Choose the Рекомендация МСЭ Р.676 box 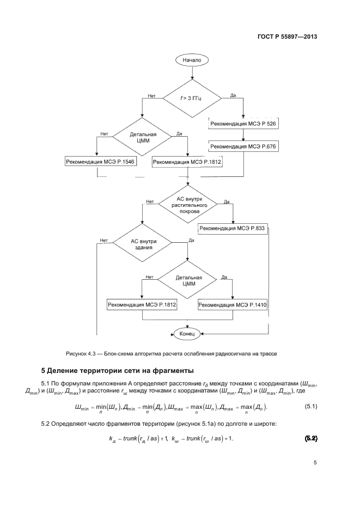point(243,146)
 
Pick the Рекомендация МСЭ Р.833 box point(233,229)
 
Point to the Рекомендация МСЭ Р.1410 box point(233,305)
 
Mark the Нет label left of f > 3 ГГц point(152,96)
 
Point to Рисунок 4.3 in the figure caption point(81,353)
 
